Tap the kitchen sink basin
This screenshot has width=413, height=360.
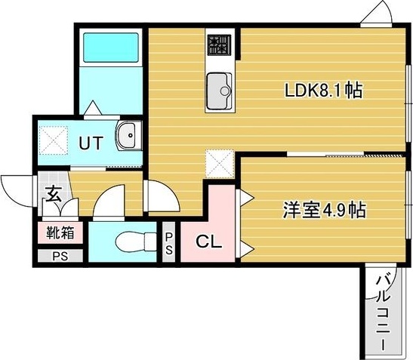pyautogui.click(x=220, y=88)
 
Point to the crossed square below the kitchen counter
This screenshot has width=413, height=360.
pyautogui.click(x=221, y=162)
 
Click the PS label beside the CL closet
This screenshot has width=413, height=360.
pyautogui.click(x=170, y=244)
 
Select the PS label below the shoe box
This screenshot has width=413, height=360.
pyautogui.click(x=58, y=255)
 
